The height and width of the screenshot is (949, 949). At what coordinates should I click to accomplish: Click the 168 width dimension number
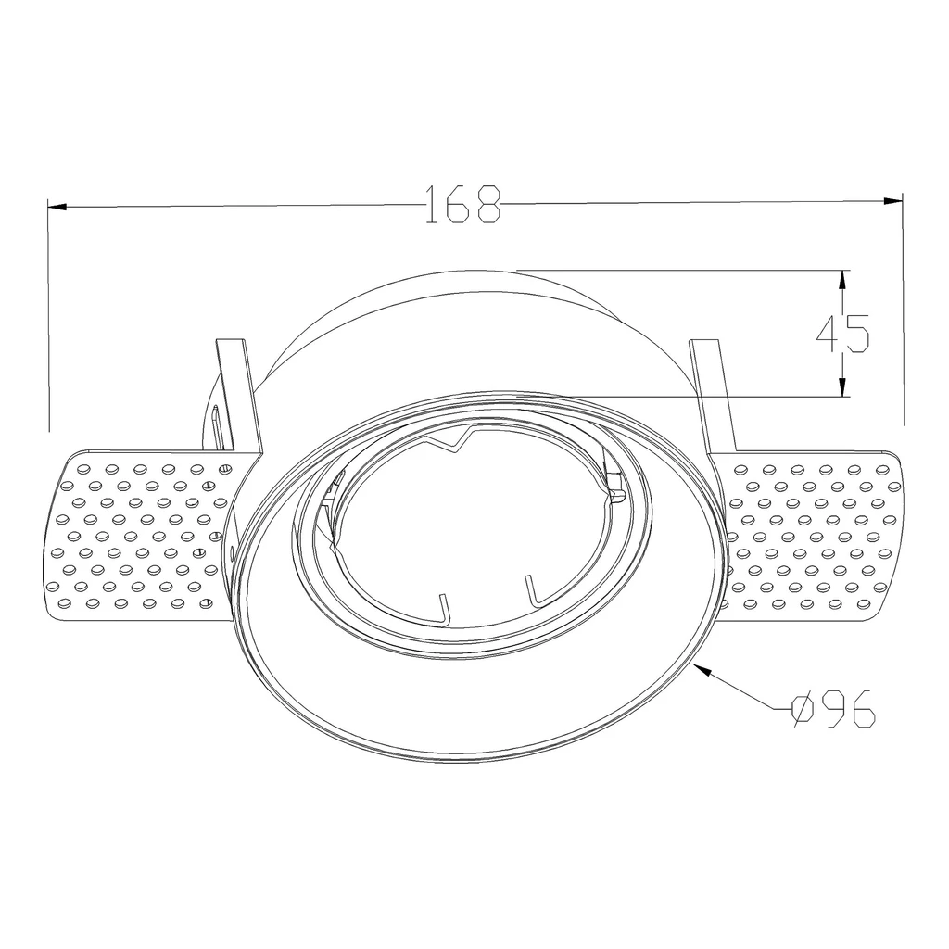[463, 205]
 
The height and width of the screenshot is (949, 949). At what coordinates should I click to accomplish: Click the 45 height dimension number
[843, 334]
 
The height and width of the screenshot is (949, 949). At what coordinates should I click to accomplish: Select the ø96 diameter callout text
[833, 708]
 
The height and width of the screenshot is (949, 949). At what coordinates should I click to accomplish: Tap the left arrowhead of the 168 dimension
[57, 207]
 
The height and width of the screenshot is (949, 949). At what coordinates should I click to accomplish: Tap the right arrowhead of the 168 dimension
[893, 201]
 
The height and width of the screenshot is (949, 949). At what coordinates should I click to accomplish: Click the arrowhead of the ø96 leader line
[704, 669]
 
